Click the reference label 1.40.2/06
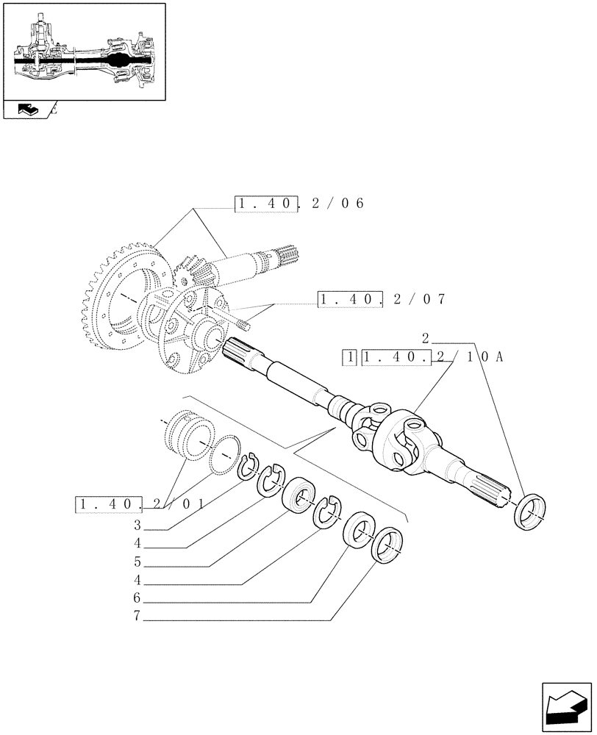299,204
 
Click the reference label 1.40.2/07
382,299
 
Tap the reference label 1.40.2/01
139,505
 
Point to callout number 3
137,526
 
